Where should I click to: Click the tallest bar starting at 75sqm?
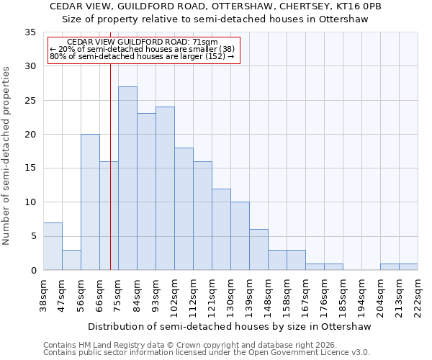pyautogui.click(x=127, y=179)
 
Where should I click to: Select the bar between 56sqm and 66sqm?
pyautogui.click(x=90, y=202)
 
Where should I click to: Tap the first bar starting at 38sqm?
pyautogui.click(x=53, y=246)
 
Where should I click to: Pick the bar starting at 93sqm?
pyautogui.click(x=165, y=189)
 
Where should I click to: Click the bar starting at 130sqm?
pyautogui.click(x=240, y=236)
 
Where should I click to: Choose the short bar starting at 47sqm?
pyautogui.click(x=71, y=260)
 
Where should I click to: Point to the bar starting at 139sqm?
pyautogui.click(x=258, y=250)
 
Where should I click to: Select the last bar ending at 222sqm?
pyautogui.click(x=408, y=267)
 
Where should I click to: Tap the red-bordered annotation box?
pyautogui.click(x=143, y=50)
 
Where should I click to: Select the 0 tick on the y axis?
pyautogui.click(x=33, y=271)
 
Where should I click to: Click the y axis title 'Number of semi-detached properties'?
pyautogui.click(x=7, y=156)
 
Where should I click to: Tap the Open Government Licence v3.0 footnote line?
pyautogui.click(x=207, y=353)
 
